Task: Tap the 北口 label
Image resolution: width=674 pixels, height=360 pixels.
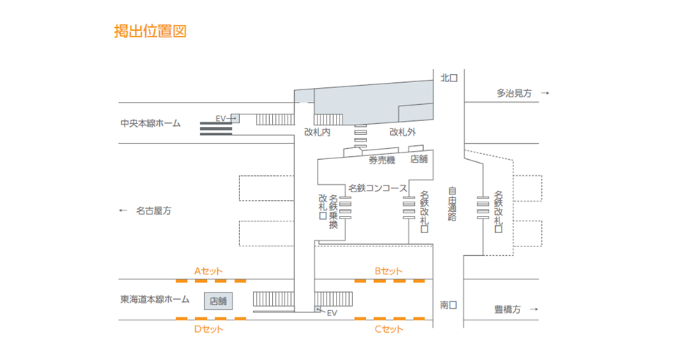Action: (449, 77)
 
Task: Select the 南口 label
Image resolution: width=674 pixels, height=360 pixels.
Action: (449, 304)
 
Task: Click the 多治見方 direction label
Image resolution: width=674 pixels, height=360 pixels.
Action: (513, 93)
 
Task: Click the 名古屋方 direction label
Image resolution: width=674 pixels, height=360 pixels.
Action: (153, 210)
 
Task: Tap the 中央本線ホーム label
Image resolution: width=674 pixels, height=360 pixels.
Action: (150, 124)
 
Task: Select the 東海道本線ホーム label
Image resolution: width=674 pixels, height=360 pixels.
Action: (155, 299)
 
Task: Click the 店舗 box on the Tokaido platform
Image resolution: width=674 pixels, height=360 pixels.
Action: (219, 300)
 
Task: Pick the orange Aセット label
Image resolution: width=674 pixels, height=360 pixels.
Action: (208, 271)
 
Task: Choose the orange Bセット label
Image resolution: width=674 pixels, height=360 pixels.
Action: (389, 271)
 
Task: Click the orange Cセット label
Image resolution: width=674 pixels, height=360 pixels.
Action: (389, 329)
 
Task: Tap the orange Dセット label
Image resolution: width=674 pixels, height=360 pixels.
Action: (208, 329)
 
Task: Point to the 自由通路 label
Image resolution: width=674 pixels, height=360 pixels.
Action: (453, 204)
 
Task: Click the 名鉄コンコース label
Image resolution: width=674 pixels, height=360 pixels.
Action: (378, 188)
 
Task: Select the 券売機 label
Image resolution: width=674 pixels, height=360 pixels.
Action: (381, 160)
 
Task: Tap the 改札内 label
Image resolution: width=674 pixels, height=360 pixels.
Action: (318, 133)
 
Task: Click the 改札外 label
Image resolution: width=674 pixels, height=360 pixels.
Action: (403, 133)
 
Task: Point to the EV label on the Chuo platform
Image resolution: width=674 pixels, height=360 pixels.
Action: (222, 118)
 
